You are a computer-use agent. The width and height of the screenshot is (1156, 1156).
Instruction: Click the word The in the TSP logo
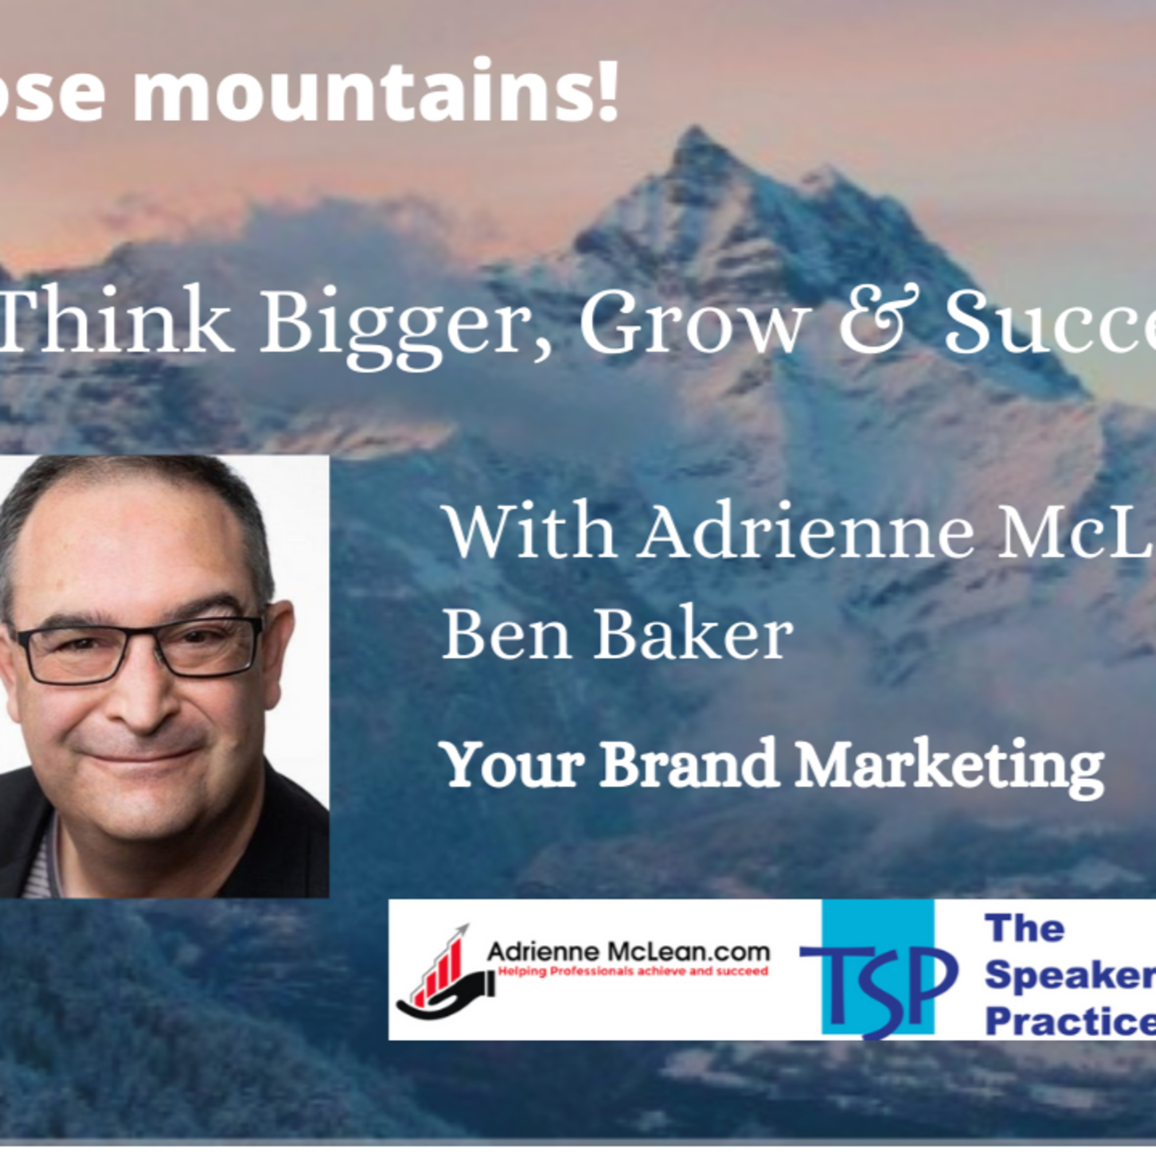tap(1024, 929)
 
